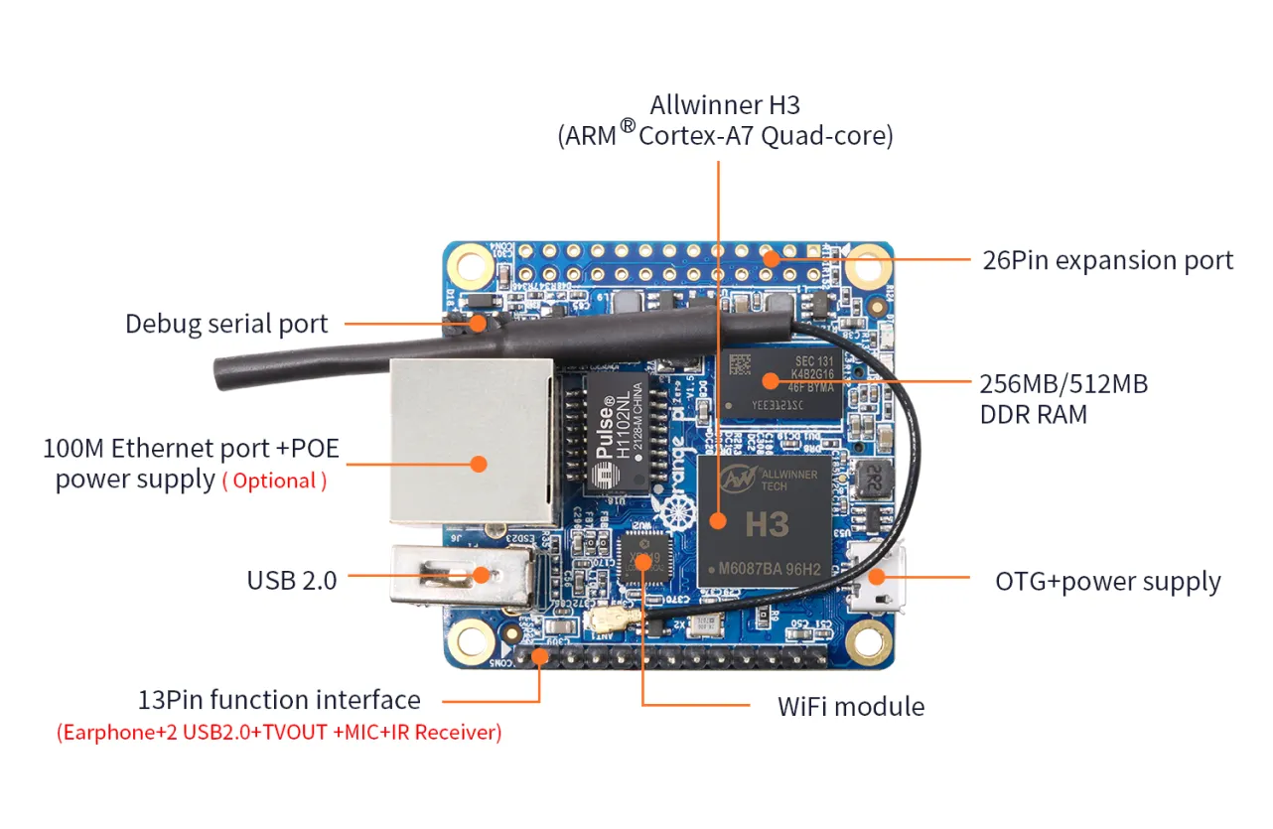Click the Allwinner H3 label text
pos(725,105)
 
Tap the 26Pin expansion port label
pos(1107,261)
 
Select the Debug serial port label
pos(226,324)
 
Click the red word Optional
pos(275,482)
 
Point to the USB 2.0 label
pos(292,580)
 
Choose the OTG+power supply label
pos(1108,582)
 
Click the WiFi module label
pos(851,707)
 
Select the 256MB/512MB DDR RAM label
pos(1062,398)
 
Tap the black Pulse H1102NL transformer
pos(617,433)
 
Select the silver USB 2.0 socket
pos(462,576)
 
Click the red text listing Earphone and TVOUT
pos(279,734)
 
